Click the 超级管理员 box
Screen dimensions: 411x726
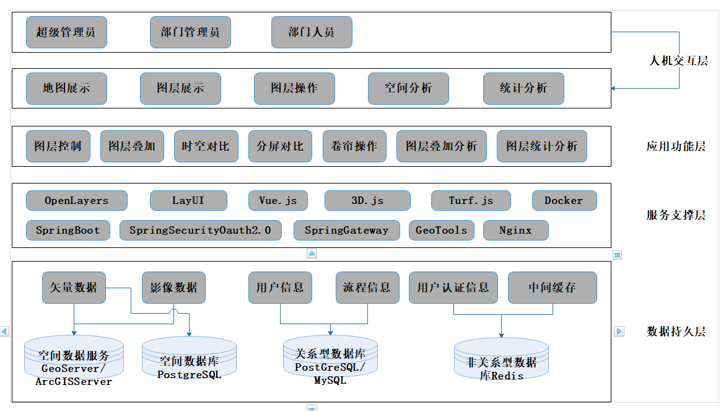(x=66, y=32)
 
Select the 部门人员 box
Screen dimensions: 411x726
(x=312, y=32)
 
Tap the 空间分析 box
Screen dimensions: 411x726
(x=408, y=88)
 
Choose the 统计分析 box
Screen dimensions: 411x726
(x=523, y=88)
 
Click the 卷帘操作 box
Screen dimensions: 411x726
(x=354, y=146)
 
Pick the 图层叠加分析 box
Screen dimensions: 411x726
(x=442, y=146)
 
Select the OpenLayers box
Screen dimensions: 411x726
(x=77, y=201)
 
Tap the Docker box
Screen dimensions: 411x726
(x=564, y=201)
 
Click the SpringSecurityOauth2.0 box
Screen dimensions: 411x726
(x=200, y=230)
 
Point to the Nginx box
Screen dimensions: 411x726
(x=515, y=230)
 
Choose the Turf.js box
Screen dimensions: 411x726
(x=471, y=201)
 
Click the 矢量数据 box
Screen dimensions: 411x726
(x=74, y=288)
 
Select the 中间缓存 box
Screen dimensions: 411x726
(x=552, y=288)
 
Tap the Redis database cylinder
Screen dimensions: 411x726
(x=501, y=363)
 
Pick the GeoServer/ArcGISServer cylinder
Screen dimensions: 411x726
(x=74, y=362)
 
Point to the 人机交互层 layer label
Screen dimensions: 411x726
(x=678, y=61)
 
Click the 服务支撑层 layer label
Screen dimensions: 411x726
(x=676, y=215)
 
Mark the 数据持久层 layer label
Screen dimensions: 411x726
(x=676, y=331)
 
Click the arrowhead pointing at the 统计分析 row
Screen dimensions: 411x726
(x=614, y=88)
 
